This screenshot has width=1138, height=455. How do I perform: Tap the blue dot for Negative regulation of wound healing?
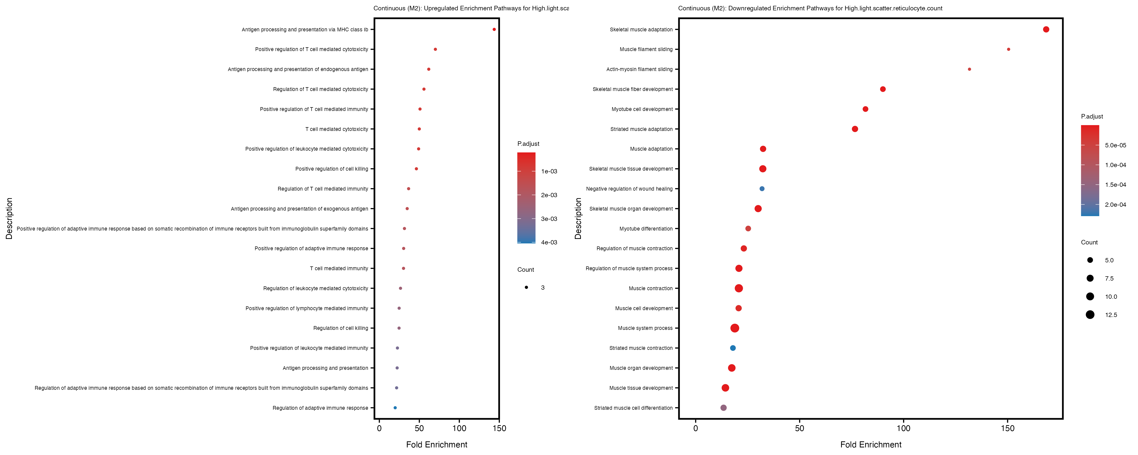coord(762,189)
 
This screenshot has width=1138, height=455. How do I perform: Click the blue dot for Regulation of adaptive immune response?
coord(395,408)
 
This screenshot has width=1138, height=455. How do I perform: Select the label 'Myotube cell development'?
coord(642,109)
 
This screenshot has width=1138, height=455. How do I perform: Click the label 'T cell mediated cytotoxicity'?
coord(337,129)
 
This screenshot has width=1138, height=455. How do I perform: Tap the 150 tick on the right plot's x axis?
coord(1007,428)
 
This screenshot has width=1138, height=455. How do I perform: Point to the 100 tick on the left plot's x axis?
coord(459,428)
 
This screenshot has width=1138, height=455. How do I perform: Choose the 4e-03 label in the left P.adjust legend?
coord(549,242)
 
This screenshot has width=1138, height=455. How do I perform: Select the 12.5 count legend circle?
coord(1090,314)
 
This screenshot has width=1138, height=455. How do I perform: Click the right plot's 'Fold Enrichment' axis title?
coord(870,444)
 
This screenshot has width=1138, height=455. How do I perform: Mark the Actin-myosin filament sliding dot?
coord(969,69)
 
